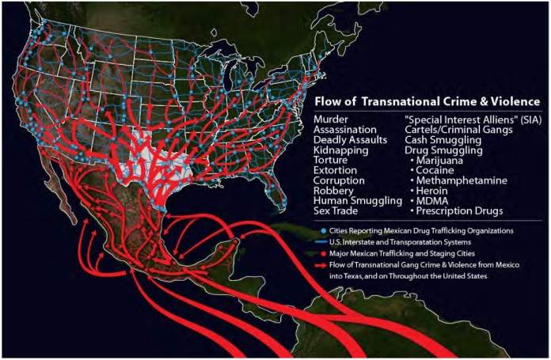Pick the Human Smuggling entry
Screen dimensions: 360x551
(x=358, y=201)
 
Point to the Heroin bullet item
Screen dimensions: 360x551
(x=435, y=191)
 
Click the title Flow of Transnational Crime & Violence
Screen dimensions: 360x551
(x=427, y=101)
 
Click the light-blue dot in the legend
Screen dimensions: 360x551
(x=319, y=229)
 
